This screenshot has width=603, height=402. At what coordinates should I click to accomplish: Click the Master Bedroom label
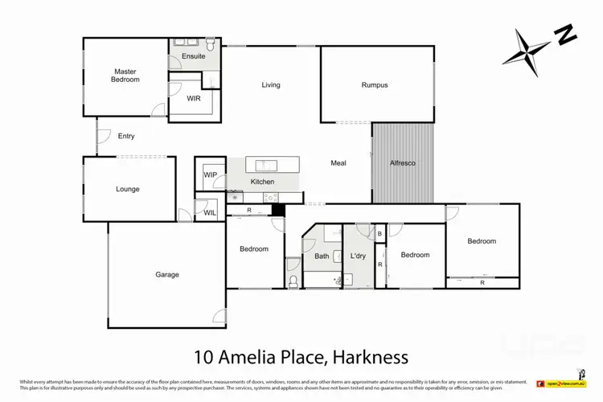pyautogui.click(x=125, y=76)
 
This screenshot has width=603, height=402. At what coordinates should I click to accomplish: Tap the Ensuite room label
pyautogui.click(x=194, y=56)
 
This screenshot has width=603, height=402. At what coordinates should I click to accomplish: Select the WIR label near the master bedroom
pyautogui.click(x=194, y=98)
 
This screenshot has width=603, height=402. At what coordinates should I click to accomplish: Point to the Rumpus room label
pyautogui.click(x=375, y=84)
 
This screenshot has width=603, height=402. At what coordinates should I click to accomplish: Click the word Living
pyautogui.click(x=271, y=84)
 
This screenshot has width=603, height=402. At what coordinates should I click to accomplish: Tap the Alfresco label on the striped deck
pyautogui.click(x=403, y=163)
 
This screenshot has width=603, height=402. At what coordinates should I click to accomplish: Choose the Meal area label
pyautogui.click(x=338, y=163)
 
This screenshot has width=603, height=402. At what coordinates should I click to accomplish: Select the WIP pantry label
pyautogui.click(x=211, y=174)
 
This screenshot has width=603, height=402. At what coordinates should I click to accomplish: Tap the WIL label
pyautogui.click(x=209, y=212)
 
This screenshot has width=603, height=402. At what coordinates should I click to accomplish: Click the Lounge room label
pyautogui.click(x=127, y=190)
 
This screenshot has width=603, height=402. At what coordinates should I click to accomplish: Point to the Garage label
pyautogui.click(x=167, y=275)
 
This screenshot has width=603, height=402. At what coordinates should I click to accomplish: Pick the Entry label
pyautogui.click(x=126, y=136)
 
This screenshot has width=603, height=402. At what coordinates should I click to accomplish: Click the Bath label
pyautogui.click(x=322, y=256)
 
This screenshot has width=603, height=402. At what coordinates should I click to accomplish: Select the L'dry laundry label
pyautogui.click(x=358, y=256)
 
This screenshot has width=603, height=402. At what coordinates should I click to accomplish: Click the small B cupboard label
pyautogui.click(x=379, y=234)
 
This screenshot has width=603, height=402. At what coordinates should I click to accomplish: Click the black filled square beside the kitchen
pyautogui.click(x=278, y=210)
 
